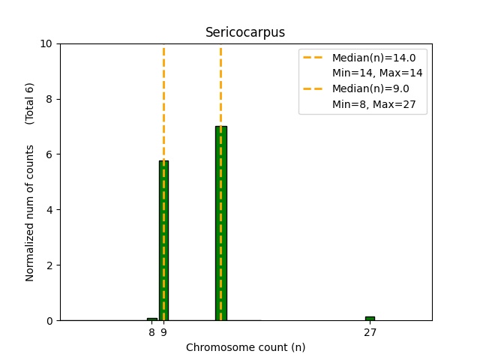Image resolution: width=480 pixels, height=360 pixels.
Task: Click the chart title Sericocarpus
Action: [x=245, y=32]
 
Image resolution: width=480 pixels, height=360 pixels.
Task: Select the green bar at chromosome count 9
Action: [x=163, y=240]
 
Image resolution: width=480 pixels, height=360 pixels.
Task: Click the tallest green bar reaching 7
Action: [x=220, y=225]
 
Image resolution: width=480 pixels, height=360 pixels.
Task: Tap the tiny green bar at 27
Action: [x=370, y=318]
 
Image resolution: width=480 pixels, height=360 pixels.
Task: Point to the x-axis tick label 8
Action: [x=151, y=331]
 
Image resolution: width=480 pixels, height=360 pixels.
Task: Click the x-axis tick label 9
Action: [x=163, y=331]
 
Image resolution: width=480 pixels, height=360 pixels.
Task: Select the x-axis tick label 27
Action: [x=370, y=331]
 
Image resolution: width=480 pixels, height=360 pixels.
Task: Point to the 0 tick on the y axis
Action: [x=49, y=320]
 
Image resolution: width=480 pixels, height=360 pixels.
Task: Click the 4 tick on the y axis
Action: [x=49, y=210]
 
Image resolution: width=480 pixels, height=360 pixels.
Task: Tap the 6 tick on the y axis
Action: [x=49, y=154]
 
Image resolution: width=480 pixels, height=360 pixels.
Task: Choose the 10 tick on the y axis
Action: [x=46, y=43]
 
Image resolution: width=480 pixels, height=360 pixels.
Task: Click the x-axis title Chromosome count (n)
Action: [x=245, y=347]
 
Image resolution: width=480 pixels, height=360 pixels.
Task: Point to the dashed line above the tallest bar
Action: [x=220, y=82]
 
